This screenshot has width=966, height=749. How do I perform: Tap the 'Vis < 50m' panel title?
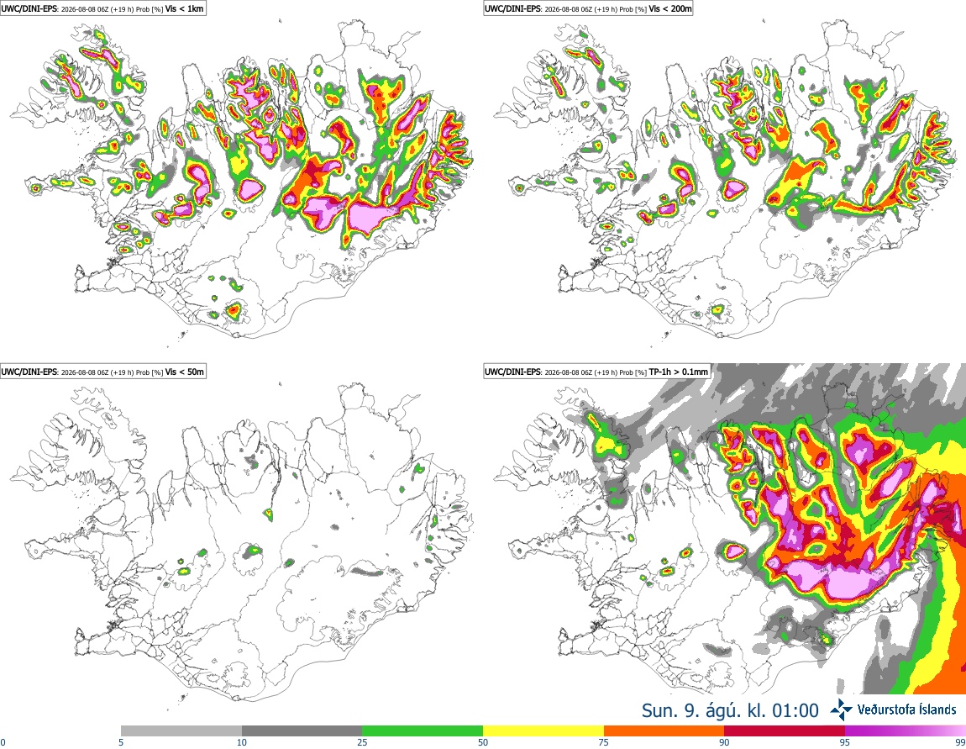point(187,372)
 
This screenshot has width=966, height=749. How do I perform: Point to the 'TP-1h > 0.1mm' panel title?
point(678,372)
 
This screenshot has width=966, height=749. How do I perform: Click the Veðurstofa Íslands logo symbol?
point(842,710)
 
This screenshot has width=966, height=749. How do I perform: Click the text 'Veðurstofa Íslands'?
point(907,709)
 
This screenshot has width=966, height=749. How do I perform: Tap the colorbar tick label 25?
point(362,742)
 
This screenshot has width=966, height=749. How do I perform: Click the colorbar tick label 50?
point(483,742)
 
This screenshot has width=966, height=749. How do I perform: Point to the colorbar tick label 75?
point(604,742)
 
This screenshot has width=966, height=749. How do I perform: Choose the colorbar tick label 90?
point(724,742)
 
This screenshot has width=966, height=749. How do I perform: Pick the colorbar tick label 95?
point(845,742)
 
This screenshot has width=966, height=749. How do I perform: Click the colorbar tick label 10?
point(242,742)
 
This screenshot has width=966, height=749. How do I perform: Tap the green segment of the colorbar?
point(423,731)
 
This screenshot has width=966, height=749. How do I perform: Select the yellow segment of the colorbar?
point(543,731)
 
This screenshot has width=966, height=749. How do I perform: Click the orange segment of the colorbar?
point(664,731)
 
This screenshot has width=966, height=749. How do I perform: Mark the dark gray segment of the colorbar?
point(302,731)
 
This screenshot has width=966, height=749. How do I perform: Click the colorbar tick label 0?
point(3,742)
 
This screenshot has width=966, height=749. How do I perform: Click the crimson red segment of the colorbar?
point(785,731)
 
